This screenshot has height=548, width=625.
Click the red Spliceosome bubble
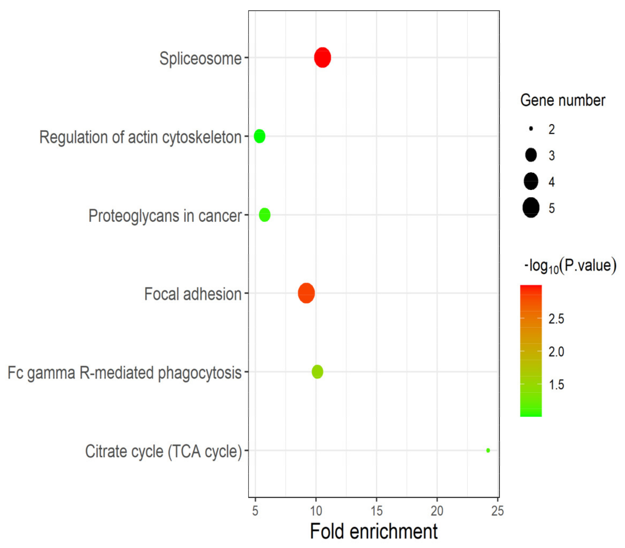[x=322, y=58]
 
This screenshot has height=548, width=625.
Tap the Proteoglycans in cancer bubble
[x=265, y=215]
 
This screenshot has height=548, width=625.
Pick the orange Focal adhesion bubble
[x=306, y=293]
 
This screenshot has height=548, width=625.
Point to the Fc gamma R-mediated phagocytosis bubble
[x=317, y=372]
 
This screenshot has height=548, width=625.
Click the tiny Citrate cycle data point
[x=488, y=450]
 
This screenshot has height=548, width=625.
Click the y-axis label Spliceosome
[x=200, y=58]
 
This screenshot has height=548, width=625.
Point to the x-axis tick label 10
[x=316, y=511]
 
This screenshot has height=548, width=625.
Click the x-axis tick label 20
[x=437, y=511]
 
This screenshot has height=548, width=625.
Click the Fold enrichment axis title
[x=373, y=531]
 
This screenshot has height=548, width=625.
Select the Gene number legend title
[x=563, y=100]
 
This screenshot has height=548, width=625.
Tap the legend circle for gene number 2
[x=531, y=129]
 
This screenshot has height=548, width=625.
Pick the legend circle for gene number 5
[x=531, y=208]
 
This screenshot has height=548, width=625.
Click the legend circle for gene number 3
[x=531, y=155]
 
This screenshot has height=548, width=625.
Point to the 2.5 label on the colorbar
[x=556, y=319]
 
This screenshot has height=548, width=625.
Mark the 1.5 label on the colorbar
[x=556, y=385]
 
